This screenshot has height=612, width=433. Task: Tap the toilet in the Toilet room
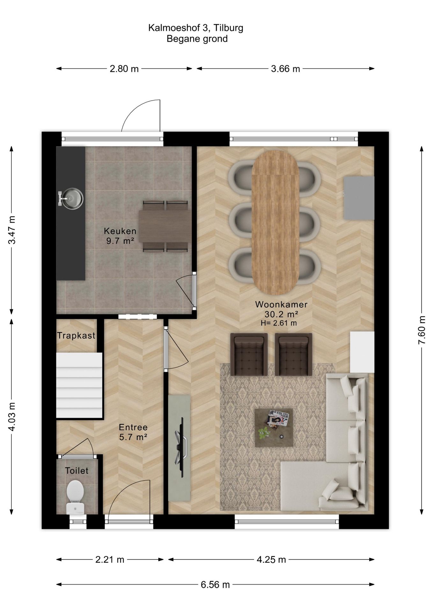[75, 496]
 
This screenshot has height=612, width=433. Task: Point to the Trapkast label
[76, 335]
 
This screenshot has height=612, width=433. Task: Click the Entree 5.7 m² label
[133, 432]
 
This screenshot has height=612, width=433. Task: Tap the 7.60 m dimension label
[422, 330]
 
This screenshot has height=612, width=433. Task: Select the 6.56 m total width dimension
[215, 585]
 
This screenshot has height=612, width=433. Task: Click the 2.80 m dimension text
[124, 69]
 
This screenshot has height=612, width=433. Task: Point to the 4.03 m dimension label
[12, 417]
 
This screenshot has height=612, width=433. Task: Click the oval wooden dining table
[275, 222]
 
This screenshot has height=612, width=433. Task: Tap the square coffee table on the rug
[274, 428]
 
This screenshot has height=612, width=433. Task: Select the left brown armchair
[249, 354]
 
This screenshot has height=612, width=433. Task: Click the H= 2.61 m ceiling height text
[279, 323]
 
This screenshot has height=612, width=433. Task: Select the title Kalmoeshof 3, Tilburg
[196, 28]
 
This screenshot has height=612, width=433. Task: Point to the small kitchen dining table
[165, 226]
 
